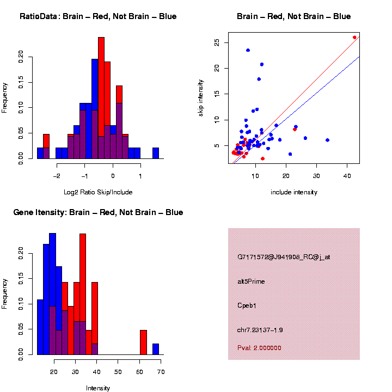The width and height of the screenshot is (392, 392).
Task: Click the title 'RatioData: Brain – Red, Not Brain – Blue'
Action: click(98, 16)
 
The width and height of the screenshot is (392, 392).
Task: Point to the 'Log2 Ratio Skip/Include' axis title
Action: click(98, 192)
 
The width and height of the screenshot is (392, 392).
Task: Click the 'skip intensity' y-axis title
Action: click(201, 98)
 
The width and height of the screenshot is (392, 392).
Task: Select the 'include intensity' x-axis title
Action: click(294, 192)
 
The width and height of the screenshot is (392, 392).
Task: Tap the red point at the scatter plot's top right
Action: click(354, 38)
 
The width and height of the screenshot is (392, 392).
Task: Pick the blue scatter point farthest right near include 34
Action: click(327, 140)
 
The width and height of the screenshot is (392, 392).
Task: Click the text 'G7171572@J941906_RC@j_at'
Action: click(284, 257)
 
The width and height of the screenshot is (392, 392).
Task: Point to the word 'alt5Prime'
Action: click(251, 281)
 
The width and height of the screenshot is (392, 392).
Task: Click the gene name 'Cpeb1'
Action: click(247, 305)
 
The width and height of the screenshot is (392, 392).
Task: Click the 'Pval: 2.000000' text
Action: click(259, 348)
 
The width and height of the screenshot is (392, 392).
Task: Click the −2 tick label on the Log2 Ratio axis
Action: click(57, 176)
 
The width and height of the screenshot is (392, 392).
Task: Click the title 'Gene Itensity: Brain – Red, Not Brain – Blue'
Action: click(98, 212)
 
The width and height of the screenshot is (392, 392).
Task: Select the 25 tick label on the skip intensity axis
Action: click(217, 42)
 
